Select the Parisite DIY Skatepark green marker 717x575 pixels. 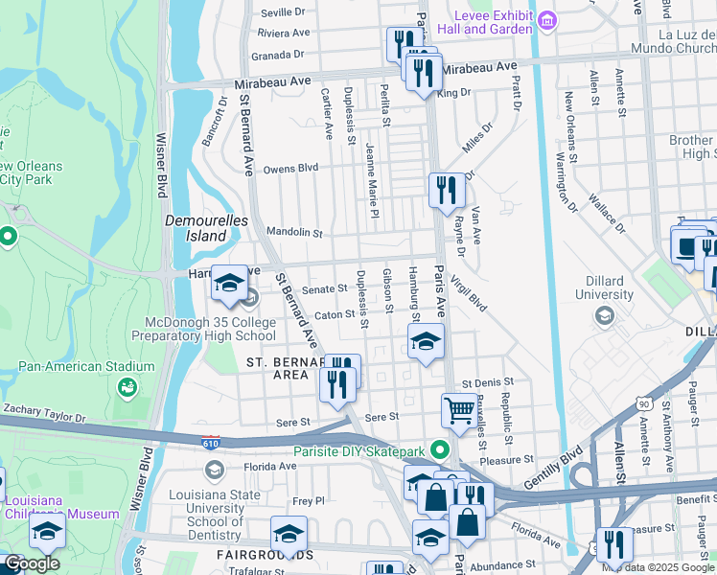coord(440,448)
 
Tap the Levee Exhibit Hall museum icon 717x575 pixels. coord(547,19)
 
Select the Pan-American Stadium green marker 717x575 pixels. coord(126,387)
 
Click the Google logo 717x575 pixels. coord(32,563)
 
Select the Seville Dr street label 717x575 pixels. coord(283,12)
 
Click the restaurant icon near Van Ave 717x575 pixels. coord(446,190)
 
